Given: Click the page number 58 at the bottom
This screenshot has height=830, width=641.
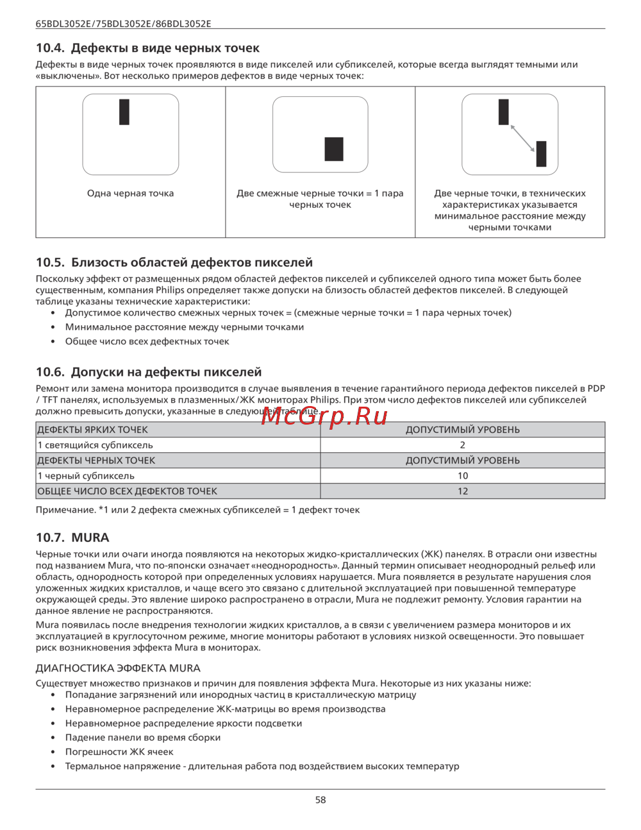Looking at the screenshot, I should pyautogui.click(x=320, y=800).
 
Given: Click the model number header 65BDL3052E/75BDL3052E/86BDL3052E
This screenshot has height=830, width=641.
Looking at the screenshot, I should pyautogui.click(x=123, y=24).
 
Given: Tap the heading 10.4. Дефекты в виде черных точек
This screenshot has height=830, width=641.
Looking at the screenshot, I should pyautogui.click(x=147, y=48).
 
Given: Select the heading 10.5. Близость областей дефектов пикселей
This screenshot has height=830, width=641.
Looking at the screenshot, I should pyautogui.click(x=174, y=262).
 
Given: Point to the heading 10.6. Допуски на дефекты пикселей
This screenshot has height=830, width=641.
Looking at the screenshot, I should pyautogui.click(x=149, y=372).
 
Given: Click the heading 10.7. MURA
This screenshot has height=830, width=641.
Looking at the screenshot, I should pyautogui.click(x=72, y=538).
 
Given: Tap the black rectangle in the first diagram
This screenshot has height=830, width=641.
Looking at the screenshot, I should pyautogui.click(x=124, y=112).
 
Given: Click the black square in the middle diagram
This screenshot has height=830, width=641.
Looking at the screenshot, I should pyautogui.click(x=334, y=149).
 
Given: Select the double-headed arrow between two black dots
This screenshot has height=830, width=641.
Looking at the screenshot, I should pyautogui.click(x=522, y=138).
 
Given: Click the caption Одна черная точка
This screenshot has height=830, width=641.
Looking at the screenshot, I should pyautogui.click(x=130, y=194).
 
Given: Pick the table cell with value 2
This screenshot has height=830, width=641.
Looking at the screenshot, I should pyautogui.click(x=463, y=445).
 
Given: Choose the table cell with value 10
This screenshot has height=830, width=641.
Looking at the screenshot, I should pyautogui.click(x=463, y=476).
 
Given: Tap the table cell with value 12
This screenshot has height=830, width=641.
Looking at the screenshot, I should pyautogui.click(x=463, y=491).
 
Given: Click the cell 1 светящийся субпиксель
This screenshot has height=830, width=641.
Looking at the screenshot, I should pyautogui.click(x=95, y=445).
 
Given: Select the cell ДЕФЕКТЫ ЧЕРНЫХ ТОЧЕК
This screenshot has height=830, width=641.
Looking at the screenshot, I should pyautogui.click(x=96, y=461).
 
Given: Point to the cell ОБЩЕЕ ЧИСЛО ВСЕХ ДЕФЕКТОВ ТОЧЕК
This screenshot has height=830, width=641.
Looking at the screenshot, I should pyautogui.click(x=127, y=491).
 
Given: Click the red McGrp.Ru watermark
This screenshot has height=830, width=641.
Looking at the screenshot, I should pyautogui.click(x=324, y=416).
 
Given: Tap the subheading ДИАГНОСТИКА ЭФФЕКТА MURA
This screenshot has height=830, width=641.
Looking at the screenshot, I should pyautogui.click(x=118, y=668).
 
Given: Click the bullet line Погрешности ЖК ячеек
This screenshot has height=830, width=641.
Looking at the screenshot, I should pyautogui.click(x=119, y=752).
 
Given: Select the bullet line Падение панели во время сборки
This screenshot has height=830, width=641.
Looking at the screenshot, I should pyautogui.click(x=143, y=738).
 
